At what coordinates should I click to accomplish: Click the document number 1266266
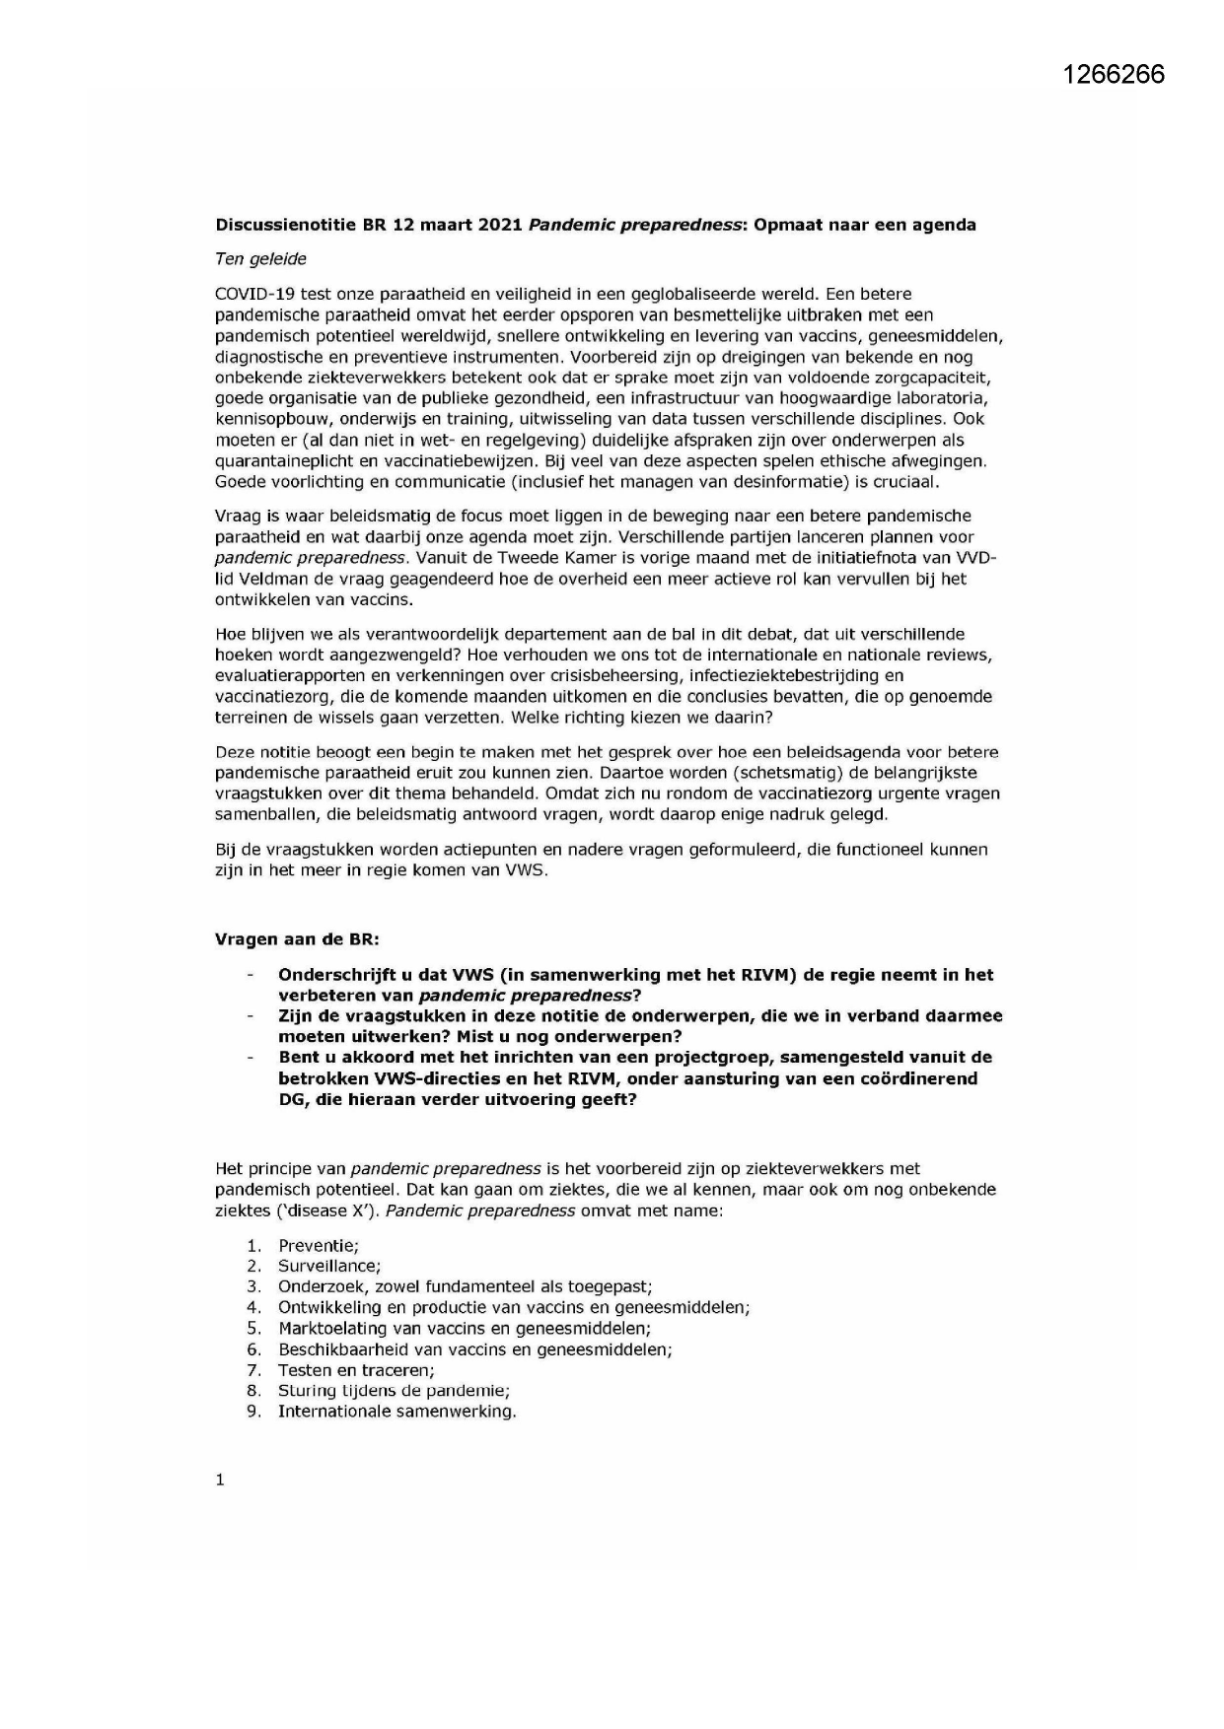point(1115,75)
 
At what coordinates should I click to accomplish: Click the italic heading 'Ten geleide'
point(260,259)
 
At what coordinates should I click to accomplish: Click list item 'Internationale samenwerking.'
point(396,1412)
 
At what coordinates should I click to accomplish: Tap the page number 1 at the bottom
point(220,1480)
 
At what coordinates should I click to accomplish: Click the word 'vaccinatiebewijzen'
point(449,460)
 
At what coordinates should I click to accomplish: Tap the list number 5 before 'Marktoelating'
point(253,1329)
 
